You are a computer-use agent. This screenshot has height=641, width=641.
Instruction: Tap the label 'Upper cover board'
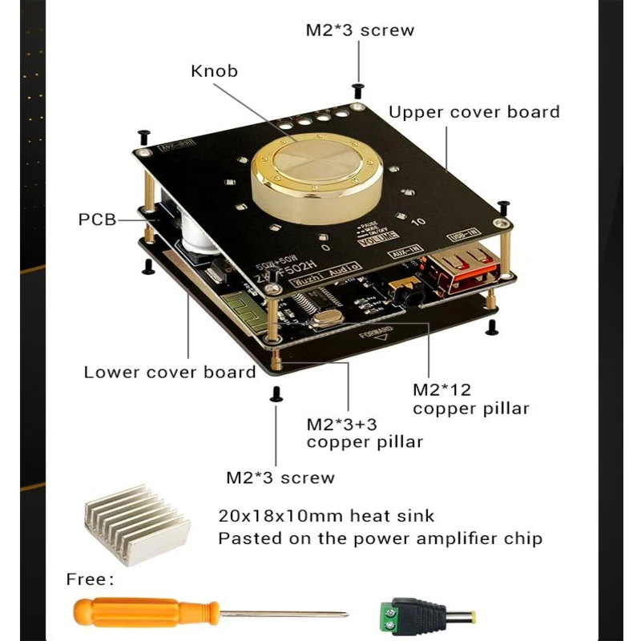[x=474, y=111]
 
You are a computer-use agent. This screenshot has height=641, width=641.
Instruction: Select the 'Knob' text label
[x=214, y=71]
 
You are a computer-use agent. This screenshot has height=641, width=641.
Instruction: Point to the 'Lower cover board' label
[x=170, y=372]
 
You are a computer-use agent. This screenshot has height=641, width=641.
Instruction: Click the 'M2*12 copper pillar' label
[x=470, y=399]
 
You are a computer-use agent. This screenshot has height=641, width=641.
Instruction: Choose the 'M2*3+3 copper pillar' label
[x=365, y=432]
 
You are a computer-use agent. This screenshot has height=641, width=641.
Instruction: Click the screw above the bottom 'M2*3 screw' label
[x=276, y=393]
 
